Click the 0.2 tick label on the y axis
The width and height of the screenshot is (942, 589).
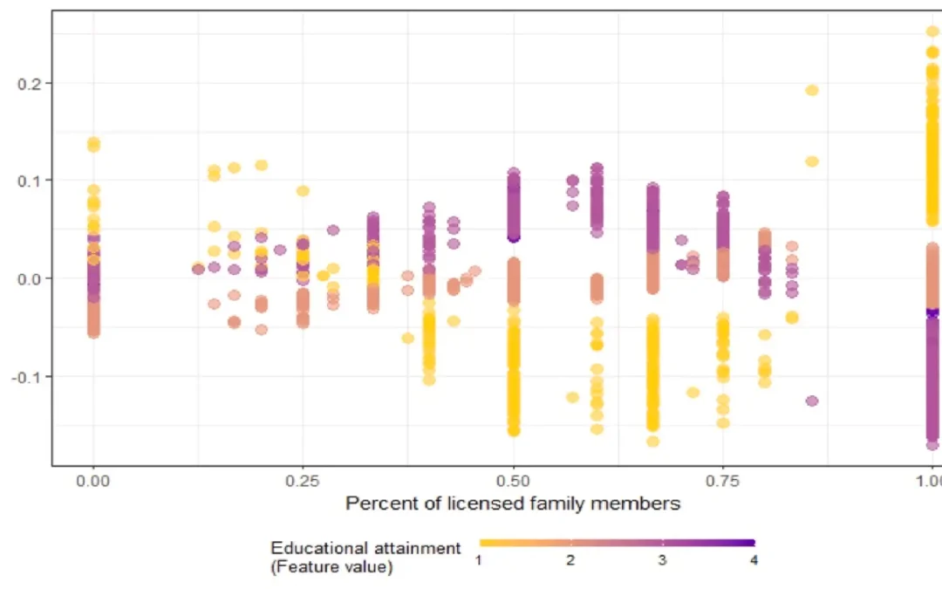point(29,83)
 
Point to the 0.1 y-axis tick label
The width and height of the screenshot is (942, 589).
point(29,181)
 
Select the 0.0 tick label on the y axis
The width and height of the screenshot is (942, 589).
point(29,278)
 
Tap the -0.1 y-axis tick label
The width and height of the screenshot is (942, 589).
point(27,376)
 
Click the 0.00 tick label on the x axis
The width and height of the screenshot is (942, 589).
point(92,481)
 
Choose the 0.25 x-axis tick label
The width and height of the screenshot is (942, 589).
point(303,481)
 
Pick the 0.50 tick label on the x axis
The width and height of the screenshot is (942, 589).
point(513,481)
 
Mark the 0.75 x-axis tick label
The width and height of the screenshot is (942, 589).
point(723,481)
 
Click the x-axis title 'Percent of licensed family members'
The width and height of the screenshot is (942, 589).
point(513,503)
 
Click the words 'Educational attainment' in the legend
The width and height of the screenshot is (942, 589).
point(365,548)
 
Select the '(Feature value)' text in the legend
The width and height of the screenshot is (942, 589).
point(331,566)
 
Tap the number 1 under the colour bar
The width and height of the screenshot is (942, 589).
point(479,560)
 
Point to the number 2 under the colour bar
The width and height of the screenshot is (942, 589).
point(570,560)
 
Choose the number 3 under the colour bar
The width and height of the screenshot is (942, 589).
point(662,560)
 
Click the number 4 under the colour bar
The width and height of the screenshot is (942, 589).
point(754,560)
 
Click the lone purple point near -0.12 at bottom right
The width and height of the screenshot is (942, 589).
point(812,401)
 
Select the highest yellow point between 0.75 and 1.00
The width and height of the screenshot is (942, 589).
point(812,90)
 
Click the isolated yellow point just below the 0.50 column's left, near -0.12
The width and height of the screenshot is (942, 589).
point(572,397)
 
